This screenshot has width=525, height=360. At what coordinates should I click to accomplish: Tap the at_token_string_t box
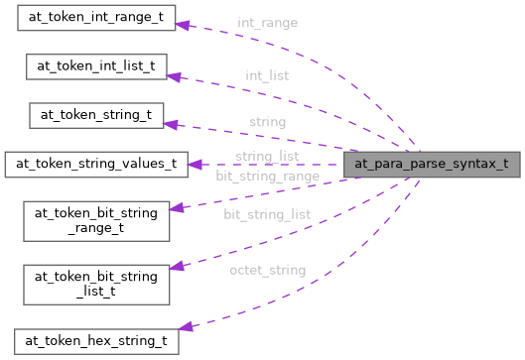[x=95, y=114]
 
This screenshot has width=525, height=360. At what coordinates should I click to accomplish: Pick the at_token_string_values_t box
[x=95, y=164]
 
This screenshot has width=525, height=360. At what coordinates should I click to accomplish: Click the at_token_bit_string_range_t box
[x=95, y=219]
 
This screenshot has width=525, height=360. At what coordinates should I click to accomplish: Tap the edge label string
[x=266, y=122]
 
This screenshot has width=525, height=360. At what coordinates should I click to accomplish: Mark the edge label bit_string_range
[x=267, y=176]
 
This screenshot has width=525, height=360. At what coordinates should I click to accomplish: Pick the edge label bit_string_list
[x=266, y=214]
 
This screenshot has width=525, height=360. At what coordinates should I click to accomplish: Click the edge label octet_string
[x=266, y=269]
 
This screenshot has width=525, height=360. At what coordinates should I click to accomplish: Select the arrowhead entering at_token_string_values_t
[x=195, y=164]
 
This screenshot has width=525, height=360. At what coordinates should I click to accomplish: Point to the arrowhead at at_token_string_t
[x=170, y=123]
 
